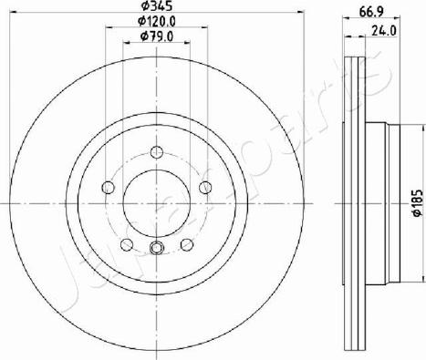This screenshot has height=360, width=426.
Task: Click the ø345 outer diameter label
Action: coord(157,5)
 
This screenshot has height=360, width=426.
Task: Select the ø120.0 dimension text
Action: coord(157,21)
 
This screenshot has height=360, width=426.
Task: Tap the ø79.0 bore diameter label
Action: coord(157,36)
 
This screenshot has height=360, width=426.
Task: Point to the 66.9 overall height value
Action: coord(371,12)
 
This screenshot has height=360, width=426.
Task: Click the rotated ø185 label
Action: coord(418,203)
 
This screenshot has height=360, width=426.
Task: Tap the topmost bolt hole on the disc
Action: coord(157,151)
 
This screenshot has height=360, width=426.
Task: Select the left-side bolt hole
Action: coord(108,187)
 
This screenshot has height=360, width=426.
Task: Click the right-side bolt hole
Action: coord(205,187)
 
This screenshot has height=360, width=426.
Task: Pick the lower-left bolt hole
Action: coord(127,244)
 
